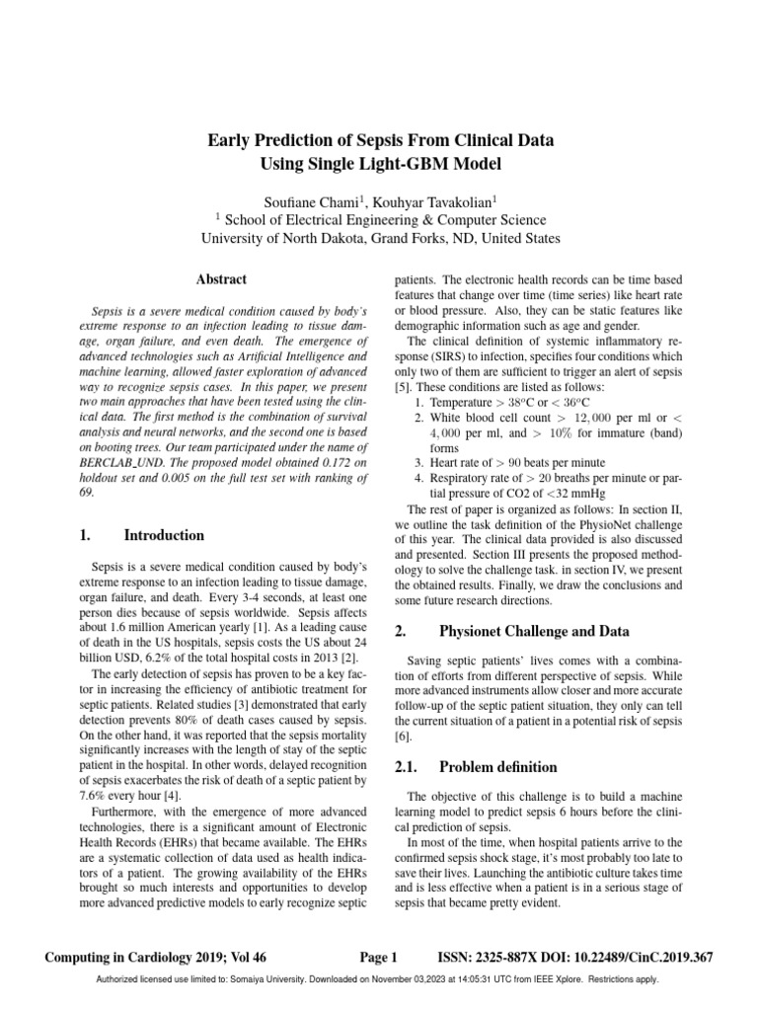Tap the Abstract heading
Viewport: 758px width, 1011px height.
point(222,279)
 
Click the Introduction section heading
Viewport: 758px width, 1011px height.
point(164,535)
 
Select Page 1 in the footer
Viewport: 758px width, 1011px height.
point(379,957)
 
